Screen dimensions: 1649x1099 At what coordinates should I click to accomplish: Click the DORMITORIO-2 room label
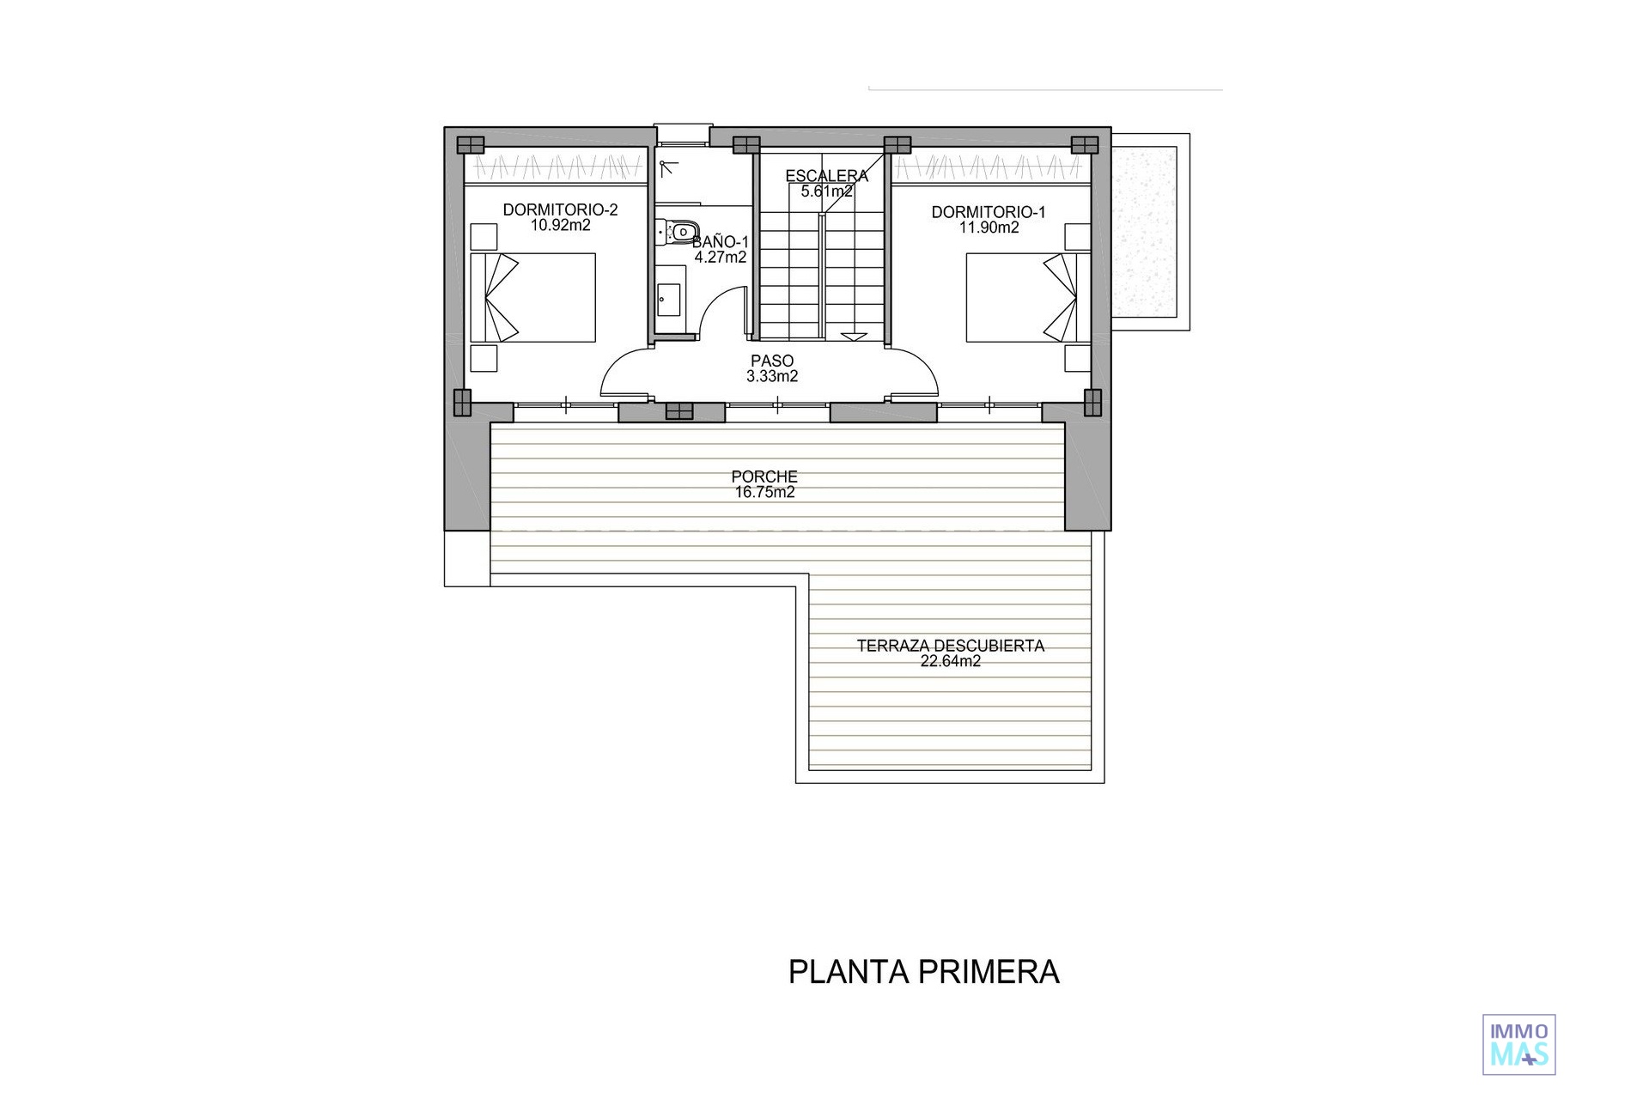560,210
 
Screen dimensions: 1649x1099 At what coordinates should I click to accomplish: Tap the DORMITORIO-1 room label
989,212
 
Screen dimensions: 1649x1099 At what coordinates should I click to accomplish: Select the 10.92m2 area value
560,226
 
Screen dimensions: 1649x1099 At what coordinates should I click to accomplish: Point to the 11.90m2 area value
989,228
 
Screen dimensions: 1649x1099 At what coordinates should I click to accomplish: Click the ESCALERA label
827,176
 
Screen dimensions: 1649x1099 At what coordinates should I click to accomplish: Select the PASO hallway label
772,361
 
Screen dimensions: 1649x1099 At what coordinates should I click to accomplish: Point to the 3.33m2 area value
772,376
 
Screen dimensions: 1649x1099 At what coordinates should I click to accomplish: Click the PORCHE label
764,477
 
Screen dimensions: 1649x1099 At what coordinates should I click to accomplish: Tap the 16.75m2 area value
764,492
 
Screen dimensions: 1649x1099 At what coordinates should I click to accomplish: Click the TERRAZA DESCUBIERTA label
951,646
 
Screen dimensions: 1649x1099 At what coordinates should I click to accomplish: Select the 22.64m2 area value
951,661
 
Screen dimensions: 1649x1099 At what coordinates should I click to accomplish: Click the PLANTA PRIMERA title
924,972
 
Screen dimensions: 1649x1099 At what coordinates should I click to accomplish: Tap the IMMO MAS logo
1519,1044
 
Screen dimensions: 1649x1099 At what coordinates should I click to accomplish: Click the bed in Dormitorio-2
532,297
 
